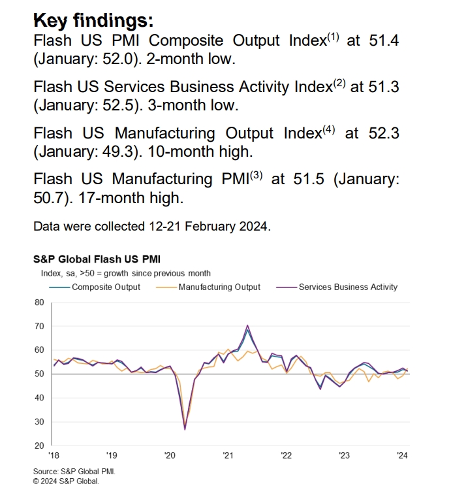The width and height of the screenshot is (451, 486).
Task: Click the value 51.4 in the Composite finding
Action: point(383,40)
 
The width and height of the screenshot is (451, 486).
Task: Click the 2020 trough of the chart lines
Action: point(185,429)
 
